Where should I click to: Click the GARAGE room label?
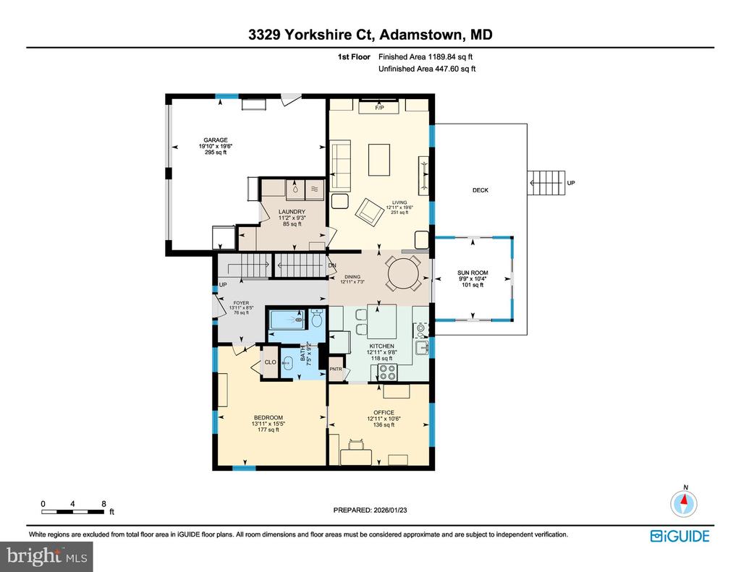tap(215, 140)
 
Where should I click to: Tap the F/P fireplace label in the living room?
tap(378, 108)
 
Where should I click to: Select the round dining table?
tap(403, 273)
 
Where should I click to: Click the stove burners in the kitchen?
tap(388, 372)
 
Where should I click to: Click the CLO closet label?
tap(269, 362)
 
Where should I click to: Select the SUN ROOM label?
tap(473, 273)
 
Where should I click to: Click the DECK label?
tap(480, 190)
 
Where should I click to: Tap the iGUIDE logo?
tap(679, 536)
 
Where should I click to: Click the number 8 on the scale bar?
tap(104, 503)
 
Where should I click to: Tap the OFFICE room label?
tap(380, 412)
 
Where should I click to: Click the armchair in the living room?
tap(370, 210)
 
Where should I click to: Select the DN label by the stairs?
tap(333, 265)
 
